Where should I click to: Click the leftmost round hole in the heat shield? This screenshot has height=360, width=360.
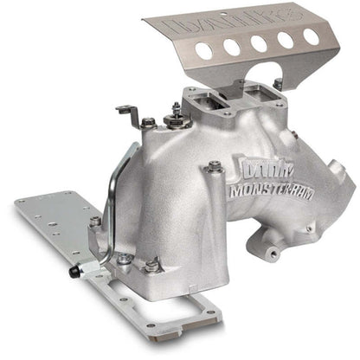coord(204,50)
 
